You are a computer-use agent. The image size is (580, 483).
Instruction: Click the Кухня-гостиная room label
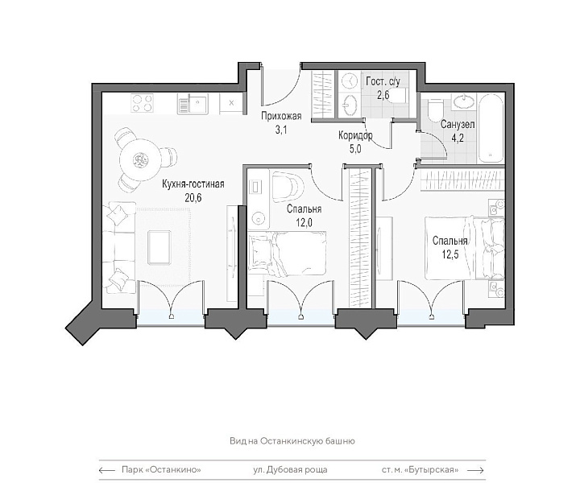(193, 184)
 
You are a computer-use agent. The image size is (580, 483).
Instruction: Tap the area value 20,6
(193, 198)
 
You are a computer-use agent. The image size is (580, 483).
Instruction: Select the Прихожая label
(281, 116)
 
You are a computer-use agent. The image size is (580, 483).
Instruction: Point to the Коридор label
(355, 135)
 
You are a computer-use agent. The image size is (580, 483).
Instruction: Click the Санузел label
(458, 125)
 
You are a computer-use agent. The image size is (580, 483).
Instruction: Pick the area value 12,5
(449, 254)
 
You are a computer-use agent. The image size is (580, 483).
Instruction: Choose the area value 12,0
(304, 223)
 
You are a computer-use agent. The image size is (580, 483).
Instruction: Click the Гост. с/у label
(383, 81)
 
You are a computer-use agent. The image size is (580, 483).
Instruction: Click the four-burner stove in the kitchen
(143, 103)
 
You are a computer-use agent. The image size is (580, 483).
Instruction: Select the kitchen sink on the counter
(193, 104)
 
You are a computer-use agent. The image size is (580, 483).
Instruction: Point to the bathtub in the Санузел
(491, 128)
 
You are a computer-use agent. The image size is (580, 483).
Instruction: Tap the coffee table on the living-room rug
(159, 247)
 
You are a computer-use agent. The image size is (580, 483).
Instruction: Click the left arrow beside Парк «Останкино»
(107, 470)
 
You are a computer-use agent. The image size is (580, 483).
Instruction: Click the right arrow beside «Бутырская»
(476, 470)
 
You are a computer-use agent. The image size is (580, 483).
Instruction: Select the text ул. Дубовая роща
(290, 470)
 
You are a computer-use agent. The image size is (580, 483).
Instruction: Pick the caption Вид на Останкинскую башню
(292, 441)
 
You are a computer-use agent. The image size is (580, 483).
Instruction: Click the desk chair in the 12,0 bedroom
(287, 187)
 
